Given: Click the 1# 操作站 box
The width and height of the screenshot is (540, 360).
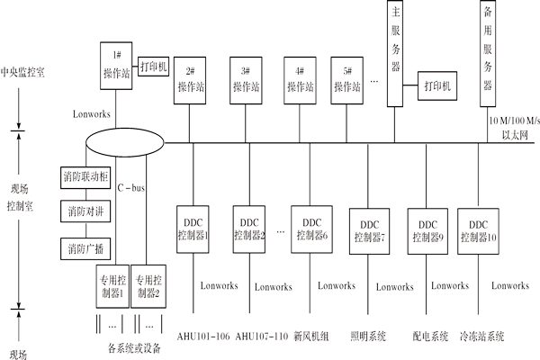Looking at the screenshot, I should [x=117, y=65].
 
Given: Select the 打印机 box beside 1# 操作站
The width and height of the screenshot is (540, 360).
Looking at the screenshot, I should [x=153, y=67].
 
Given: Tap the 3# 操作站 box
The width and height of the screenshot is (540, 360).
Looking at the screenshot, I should [x=245, y=79].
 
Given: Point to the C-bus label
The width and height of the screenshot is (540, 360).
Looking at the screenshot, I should [x=132, y=188].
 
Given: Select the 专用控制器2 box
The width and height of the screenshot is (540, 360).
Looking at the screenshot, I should [x=148, y=285].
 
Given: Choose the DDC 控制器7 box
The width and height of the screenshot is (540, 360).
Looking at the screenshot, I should [x=368, y=229].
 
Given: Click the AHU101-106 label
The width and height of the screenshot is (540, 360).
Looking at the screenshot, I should [x=202, y=337].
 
